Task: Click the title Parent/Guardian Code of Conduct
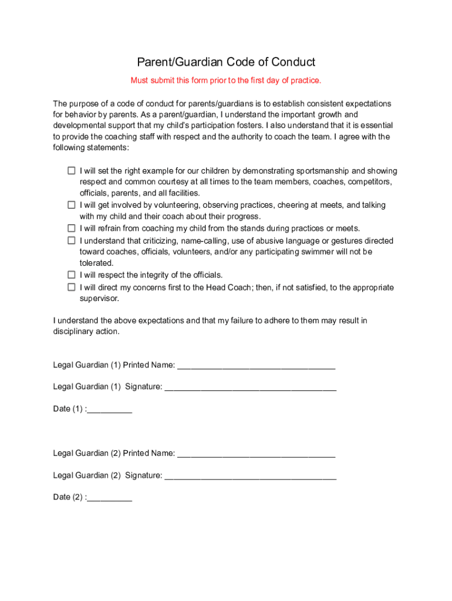tap(226, 62)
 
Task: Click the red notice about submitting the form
tap(226, 80)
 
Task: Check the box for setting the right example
tap(71, 171)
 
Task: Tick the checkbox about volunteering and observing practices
tap(71, 205)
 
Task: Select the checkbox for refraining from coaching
tap(71, 228)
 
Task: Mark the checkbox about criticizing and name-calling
tap(71, 241)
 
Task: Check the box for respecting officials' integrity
tap(71, 275)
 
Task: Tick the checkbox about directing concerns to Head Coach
tap(71, 288)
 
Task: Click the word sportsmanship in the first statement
tap(322, 171)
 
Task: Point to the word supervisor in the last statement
tap(99, 298)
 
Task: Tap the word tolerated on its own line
tap(96, 263)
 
